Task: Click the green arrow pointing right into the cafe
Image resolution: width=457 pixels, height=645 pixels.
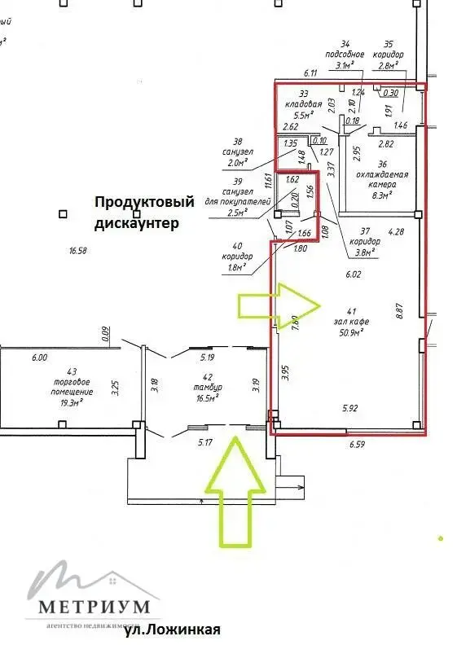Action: [279, 305]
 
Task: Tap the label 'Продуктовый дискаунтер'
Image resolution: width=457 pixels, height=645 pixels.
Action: [144, 212]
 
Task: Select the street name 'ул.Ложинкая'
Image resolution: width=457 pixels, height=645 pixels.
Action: [172, 630]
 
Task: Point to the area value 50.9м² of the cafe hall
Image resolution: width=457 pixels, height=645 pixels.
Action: [348, 331]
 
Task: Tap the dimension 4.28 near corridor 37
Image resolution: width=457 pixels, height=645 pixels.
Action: [397, 232]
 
